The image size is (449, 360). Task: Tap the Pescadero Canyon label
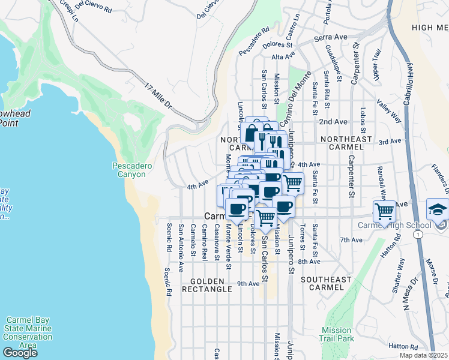129,170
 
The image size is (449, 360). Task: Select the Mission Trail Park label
336,334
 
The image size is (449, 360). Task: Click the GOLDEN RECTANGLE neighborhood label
211,285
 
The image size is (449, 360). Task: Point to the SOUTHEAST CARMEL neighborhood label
326,284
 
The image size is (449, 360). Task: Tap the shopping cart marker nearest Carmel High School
384,211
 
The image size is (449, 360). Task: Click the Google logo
20,353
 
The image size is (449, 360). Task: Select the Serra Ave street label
331,37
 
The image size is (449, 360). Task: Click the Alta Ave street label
283,56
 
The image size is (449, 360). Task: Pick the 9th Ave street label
248,284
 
